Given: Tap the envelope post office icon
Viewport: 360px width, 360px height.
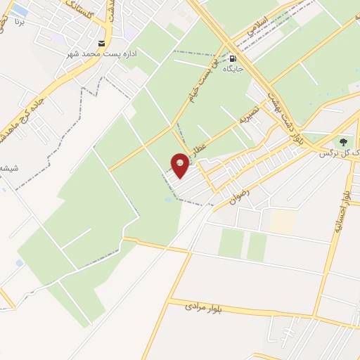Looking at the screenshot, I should tap(102, 44).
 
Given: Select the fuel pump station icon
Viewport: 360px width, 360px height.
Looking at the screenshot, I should tap(232, 59).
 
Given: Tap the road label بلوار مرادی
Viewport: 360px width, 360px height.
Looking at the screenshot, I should tap(204, 307).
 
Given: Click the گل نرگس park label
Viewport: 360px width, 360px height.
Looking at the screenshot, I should tap(334, 153).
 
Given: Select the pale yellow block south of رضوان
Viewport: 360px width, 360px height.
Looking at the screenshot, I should tap(283, 222).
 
